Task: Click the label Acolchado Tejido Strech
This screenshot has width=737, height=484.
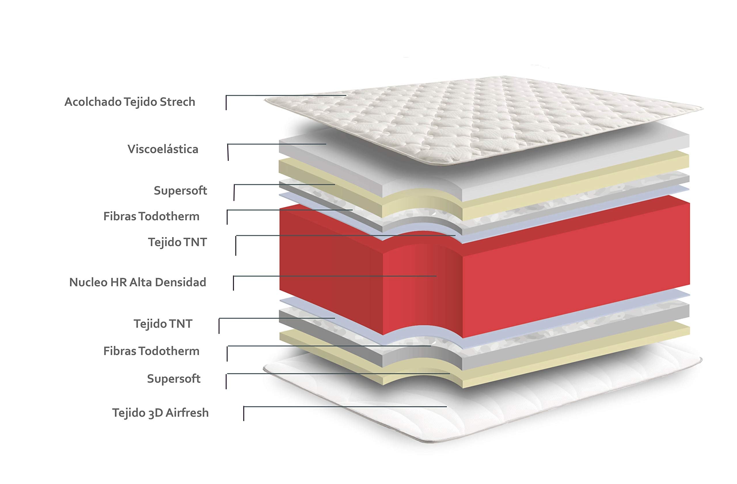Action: (x=130, y=102)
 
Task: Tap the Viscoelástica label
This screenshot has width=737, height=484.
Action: (x=163, y=149)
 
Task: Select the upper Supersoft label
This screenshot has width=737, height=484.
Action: (x=180, y=190)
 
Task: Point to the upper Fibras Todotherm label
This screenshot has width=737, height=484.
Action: (x=151, y=216)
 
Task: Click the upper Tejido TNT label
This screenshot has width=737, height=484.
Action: (x=177, y=242)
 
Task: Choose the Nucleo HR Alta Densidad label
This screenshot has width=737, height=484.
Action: (x=138, y=282)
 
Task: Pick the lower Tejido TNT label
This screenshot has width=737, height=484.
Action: (x=163, y=324)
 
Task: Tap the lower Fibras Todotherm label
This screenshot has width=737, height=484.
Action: (x=151, y=351)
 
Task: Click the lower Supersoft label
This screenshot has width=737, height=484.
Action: (x=174, y=378)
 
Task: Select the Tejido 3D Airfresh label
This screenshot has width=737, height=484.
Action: (x=160, y=413)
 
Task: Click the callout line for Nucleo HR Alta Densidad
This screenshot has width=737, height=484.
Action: (x=335, y=276)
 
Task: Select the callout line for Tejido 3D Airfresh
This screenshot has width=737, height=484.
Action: (x=345, y=406)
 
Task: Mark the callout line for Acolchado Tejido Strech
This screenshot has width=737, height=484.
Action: (x=286, y=95)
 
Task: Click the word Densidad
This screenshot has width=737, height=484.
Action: (x=181, y=282)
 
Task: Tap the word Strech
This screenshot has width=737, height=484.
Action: (x=177, y=102)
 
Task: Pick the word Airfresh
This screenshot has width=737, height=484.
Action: (x=187, y=413)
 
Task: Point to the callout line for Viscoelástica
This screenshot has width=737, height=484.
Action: (x=277, y=144)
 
